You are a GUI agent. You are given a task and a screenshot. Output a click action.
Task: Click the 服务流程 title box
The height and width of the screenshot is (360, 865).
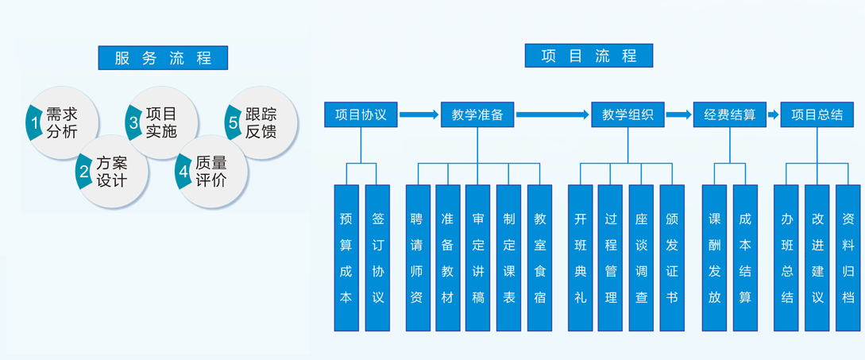click(163, 58)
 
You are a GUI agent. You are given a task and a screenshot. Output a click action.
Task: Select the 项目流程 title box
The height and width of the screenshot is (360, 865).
click(589, 56)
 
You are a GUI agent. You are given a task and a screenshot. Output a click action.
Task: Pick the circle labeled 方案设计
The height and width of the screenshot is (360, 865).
click(113, 171)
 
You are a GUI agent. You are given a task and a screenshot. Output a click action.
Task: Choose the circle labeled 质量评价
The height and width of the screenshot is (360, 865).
click(212, 171)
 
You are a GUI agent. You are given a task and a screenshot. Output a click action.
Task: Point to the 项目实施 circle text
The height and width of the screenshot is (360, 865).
click(161, 122)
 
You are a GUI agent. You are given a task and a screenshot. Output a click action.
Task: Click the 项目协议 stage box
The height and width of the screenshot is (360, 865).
click(361, 114)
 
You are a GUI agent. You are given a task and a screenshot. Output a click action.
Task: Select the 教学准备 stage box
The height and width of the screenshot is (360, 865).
click(477, 114)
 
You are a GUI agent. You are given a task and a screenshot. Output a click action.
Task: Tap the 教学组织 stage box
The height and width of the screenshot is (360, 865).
click(628, 114)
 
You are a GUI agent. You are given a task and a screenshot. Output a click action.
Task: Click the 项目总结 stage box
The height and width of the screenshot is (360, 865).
click(817, 114)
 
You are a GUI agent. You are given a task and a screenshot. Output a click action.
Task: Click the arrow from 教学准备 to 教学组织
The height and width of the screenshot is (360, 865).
click(553, 115)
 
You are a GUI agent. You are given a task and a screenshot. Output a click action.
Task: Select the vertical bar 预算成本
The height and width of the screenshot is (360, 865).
click(346, 257)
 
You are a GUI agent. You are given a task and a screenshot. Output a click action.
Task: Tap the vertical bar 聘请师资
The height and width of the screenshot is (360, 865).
click(418, 257)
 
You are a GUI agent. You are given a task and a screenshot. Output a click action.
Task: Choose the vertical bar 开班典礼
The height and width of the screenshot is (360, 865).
click(581, 257)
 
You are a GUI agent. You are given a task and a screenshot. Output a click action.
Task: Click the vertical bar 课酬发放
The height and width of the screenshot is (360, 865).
click(714, 257)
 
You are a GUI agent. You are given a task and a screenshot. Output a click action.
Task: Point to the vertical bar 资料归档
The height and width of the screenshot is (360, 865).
click(848, 257)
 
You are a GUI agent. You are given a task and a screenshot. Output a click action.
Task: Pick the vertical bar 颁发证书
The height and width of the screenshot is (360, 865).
click(672, 257)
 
